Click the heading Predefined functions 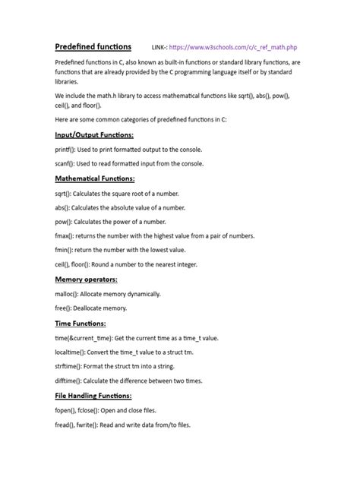(93, 46)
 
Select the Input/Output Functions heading (94, 134)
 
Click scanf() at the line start (67, 163)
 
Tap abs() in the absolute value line (65, 207)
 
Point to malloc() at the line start (70, 294)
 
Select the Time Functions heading (80, 323)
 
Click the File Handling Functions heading (93, 396)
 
